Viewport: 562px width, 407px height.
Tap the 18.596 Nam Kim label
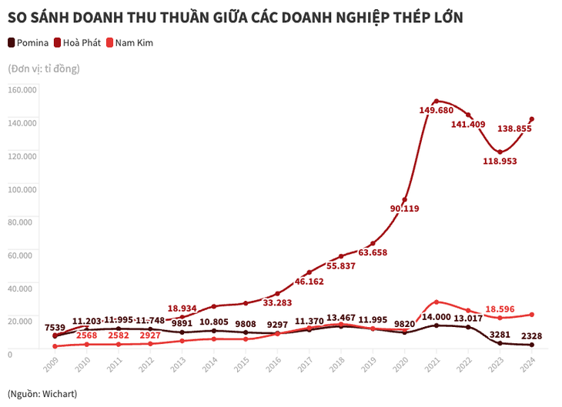pos(506,309)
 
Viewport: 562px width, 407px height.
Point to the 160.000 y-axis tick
pos(22,89)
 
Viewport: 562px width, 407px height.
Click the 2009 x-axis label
pos(51,365)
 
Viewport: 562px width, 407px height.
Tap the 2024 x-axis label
pos(529,365)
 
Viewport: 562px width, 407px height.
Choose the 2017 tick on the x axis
pos(306,365)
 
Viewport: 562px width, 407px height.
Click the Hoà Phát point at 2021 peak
pos(437,101)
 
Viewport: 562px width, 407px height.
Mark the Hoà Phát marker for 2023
pos(500,152)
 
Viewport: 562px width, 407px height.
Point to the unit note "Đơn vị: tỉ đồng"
pos(44,68)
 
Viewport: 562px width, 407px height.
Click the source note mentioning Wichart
pos(42,393)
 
